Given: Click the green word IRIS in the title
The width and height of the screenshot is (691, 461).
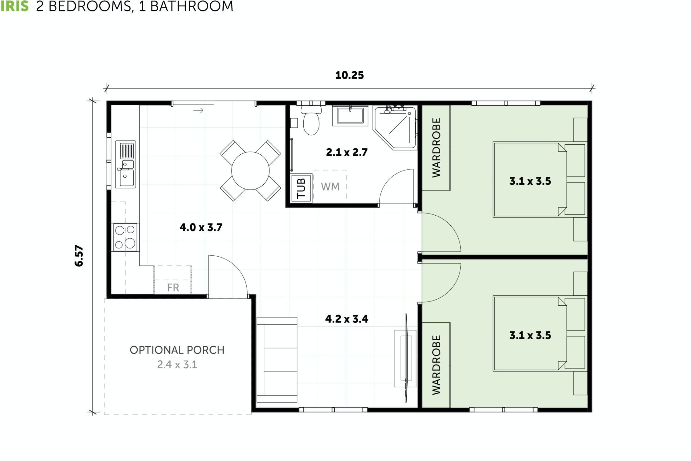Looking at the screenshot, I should [x=14, y=6].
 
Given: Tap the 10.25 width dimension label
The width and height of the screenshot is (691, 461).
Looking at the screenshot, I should [x=349, y=75].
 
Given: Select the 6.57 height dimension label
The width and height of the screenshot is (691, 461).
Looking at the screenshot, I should [x=79, y=255].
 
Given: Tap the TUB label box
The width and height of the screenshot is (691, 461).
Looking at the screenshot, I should [x=301, y=188].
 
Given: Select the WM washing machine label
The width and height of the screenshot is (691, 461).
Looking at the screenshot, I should [x=330, y=187].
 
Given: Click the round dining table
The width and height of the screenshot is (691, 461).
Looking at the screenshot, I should [x=250, y=170].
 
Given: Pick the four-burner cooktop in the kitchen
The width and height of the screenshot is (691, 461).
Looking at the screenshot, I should [x=125, y=237].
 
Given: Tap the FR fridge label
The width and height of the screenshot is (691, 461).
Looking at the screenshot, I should [x=173, y=287].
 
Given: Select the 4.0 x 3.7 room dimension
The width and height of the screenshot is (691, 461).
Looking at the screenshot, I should [x=201, y=227].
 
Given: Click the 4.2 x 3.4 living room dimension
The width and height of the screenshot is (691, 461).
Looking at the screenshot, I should [x=346, y=319].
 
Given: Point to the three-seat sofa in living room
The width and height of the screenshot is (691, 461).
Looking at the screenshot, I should [x=277, y=360].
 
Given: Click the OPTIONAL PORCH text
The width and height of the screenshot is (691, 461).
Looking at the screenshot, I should [x=177, y=350].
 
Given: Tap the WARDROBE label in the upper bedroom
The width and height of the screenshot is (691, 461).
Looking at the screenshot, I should [x=436, y=148].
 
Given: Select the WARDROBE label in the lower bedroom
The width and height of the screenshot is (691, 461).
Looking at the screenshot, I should [x=436, y=365].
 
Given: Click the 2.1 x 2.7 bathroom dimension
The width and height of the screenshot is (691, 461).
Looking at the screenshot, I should [x=346, y=152].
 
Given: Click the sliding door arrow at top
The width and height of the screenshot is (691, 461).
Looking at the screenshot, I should [x=198, y=110].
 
